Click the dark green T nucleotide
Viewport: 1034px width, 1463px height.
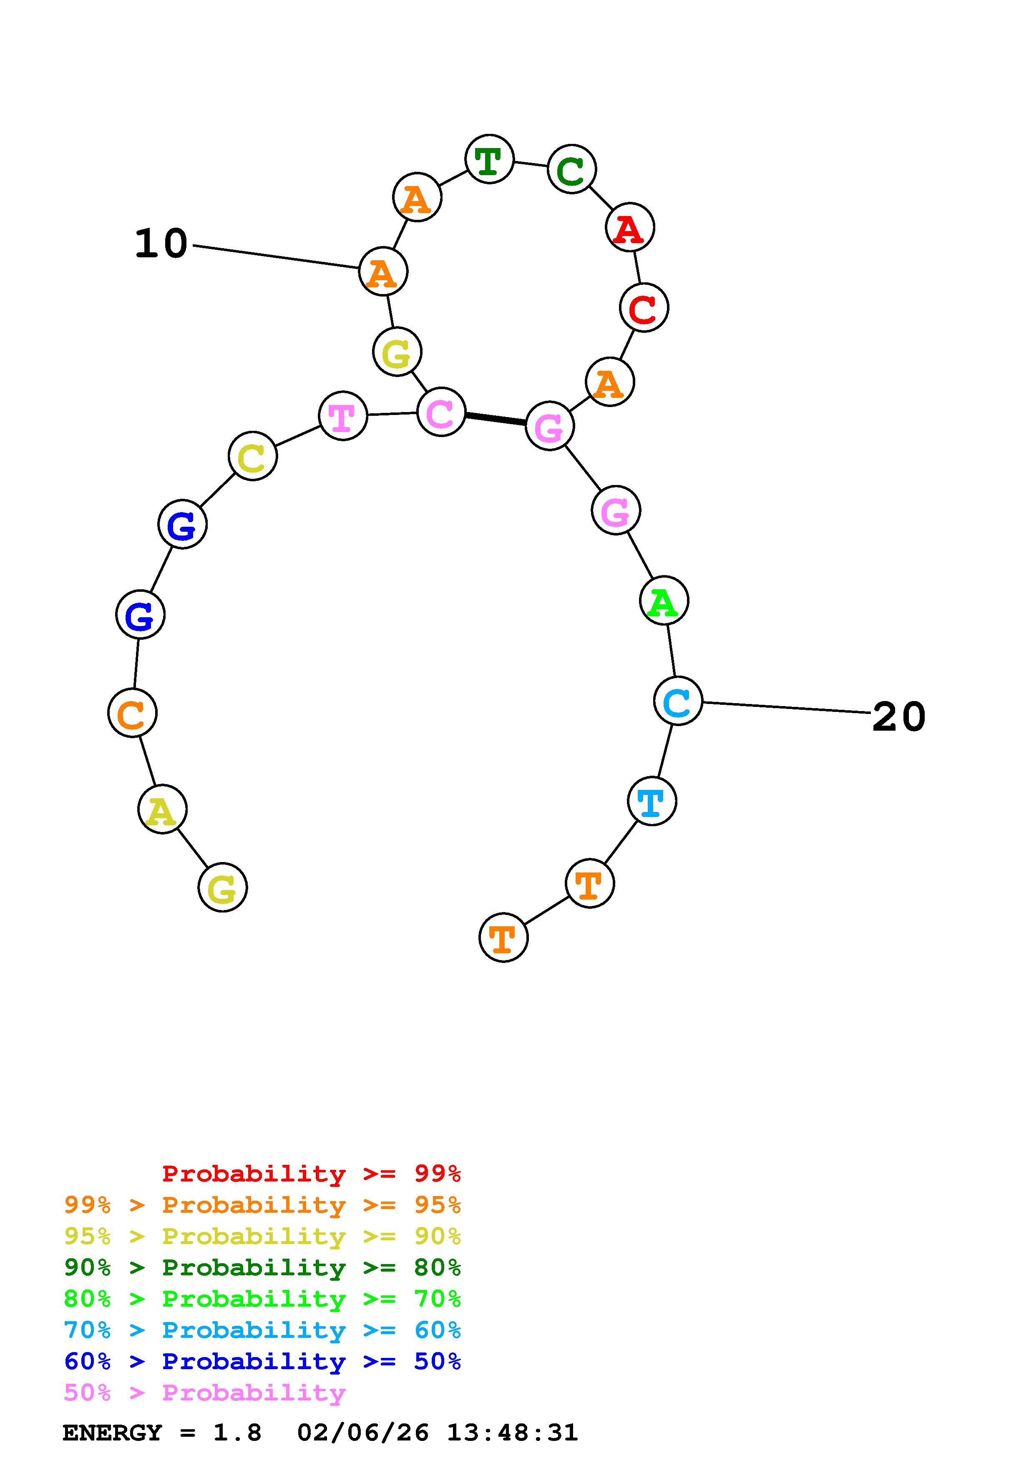pos(489,159)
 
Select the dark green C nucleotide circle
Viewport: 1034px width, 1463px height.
pos(571,169)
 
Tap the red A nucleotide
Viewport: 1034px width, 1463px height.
pos(629,227)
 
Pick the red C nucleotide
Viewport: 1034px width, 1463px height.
pos(644,308)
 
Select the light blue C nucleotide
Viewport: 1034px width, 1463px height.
pos(677,701)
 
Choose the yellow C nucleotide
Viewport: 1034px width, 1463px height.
pos(252,456)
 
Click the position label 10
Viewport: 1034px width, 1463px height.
pos(161,244)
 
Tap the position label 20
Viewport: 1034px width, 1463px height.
pos(898,717)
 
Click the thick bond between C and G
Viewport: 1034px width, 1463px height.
pos(495,419)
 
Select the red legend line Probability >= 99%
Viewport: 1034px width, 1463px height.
pos(312,1173)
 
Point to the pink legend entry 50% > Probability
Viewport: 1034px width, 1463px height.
pos(204,1392)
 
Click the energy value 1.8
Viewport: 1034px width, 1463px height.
pos(237,1433)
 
